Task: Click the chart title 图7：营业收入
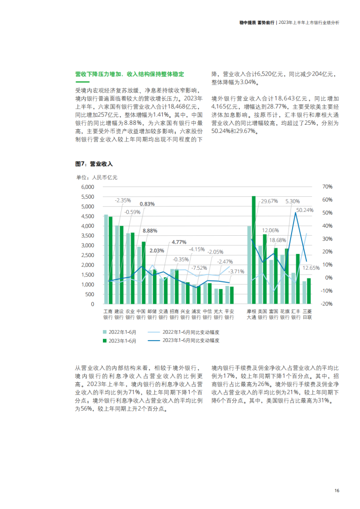click(94, 164)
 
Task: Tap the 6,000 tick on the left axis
click(88, 187)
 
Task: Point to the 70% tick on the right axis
click(327, 187)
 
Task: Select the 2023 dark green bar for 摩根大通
click(254, 250)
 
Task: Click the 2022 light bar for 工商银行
click(106, 259)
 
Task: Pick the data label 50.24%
click(305, 210)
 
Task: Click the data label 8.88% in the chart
click(150, 231)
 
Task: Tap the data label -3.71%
click(236, 271)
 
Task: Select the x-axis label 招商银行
click(174, 314)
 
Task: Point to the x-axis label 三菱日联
click(307, 314)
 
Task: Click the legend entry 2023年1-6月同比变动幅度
click(191, 341)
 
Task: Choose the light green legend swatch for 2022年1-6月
click(105, 332)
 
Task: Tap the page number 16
click(337, 491)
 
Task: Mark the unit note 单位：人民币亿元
click(97, 177)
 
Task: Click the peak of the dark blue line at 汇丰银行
click(296, 212)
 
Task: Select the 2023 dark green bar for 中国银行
click(143, 273)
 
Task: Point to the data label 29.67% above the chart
click(269, 201)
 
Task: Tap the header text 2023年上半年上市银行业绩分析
click(309, 22)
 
